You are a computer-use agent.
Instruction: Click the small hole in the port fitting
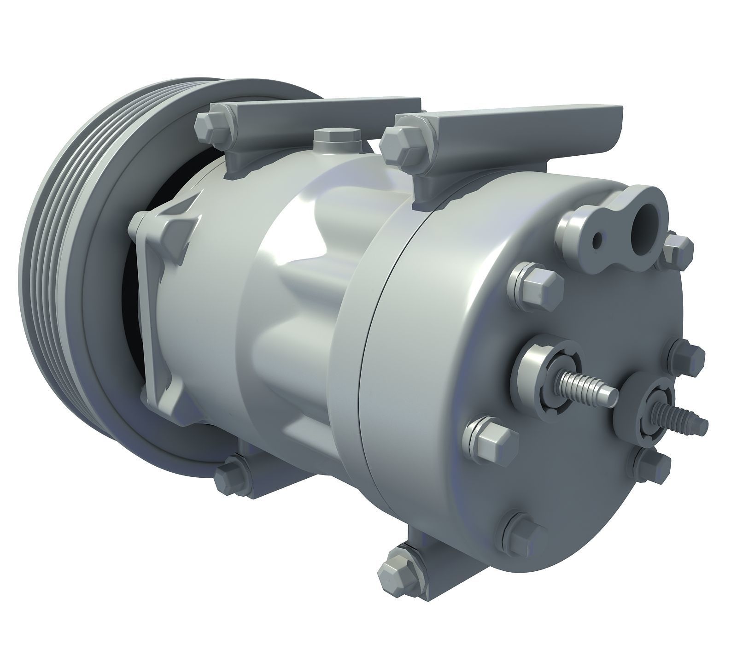(x=597, y=240)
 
